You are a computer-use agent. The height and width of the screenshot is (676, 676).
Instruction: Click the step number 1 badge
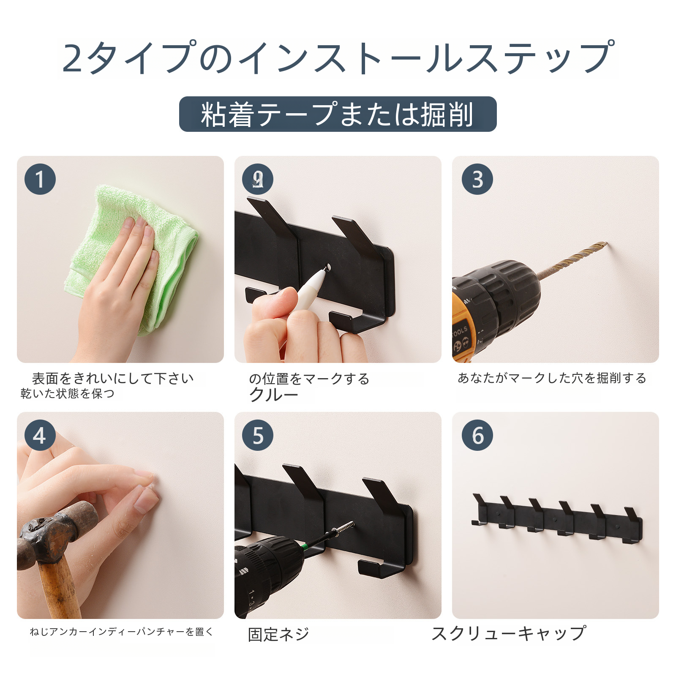pos(40,179)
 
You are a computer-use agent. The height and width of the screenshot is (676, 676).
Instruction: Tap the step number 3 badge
pos(477,179)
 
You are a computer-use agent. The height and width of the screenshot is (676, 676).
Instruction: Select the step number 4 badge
pos(40,435)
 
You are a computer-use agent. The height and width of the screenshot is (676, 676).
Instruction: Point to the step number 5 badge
pos(258,435)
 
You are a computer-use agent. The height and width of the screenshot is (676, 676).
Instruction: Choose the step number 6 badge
pos(477,435)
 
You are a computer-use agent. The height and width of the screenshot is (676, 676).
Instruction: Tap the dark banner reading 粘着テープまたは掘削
pos(338,114)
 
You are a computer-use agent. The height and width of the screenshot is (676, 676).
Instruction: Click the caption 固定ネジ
pos(278,634)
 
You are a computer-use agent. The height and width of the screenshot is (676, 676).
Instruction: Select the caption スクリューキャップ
pos(509,633)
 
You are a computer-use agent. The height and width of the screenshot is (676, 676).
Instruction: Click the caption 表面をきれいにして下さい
pos(113,378)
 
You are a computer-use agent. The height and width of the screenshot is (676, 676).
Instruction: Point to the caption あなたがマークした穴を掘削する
pos(552,378)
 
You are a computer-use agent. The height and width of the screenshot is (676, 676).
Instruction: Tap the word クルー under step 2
pos(274,395)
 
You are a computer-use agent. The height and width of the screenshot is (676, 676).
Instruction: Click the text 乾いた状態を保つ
pos(68,393)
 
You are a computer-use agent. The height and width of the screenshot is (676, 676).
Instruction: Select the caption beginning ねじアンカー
pos(122,632)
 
